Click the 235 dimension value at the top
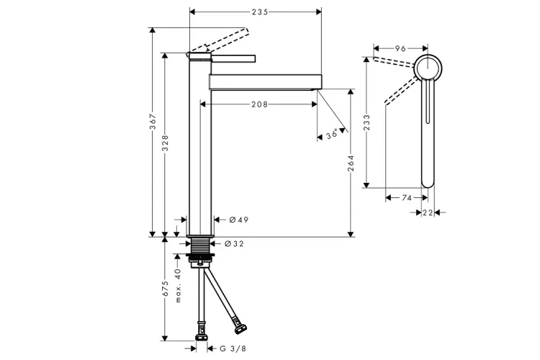(260, 12)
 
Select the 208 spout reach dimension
(259, 104)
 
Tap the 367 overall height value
(153, 121)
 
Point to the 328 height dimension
(166, 143)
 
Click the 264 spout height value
(351, 163)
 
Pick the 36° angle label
(333, 134)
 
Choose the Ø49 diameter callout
(238, 220)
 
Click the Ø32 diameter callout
(234, 244)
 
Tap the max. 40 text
(178, 286)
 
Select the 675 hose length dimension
(166, 288)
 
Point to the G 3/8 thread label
(233, 348)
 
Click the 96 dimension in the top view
(400, 48)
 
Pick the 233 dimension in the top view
(366, 122)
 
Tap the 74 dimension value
(407, 198)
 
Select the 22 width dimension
(428, 213)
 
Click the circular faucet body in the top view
(428, 68)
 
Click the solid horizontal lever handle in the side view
(233, 58)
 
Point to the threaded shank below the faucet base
(200, 246)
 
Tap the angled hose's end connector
(240, 329)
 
